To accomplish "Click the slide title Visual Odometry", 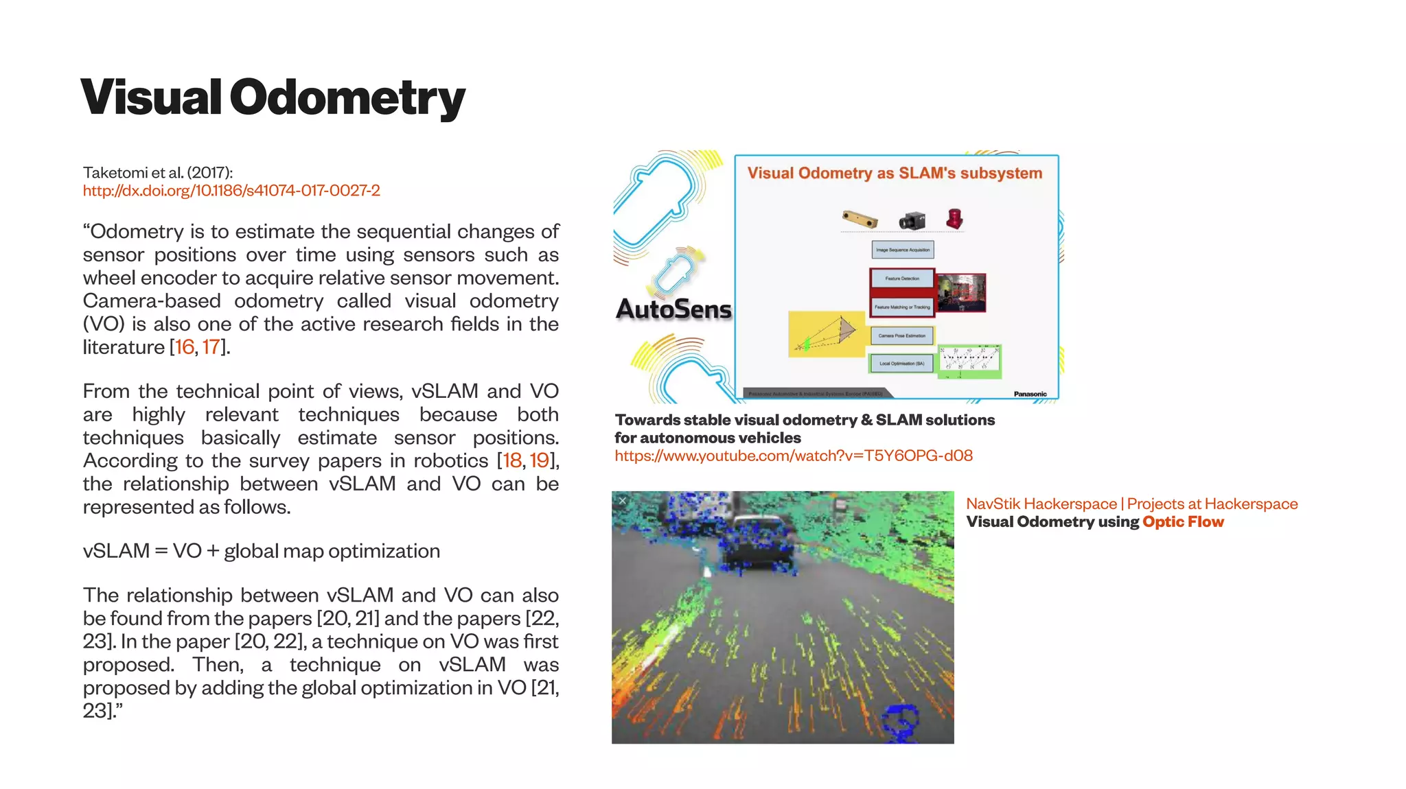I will coord(273,97).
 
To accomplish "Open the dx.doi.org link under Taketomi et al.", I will coord(231,190).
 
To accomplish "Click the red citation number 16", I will coord(185,347).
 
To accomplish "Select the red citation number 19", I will coord(540,460).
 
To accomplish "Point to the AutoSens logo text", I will coord(673,309).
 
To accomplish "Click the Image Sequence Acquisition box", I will coord(903,250).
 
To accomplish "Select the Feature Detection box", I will coord(902,279).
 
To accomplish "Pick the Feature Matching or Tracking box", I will coord(902,307).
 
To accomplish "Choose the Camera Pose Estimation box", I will coord(902,335).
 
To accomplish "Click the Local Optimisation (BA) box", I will coord(901,364).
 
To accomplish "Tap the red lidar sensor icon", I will coord(954,219).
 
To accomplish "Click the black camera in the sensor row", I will coord(912,220).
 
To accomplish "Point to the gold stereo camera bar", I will coord(860,219).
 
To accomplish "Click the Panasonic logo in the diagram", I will coord(1030,394).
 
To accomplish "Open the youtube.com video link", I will coord(794,456).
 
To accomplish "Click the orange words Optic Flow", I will coord(1183,522).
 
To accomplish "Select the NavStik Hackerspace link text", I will coord(1041,504).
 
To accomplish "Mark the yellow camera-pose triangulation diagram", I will coord(827,334).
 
